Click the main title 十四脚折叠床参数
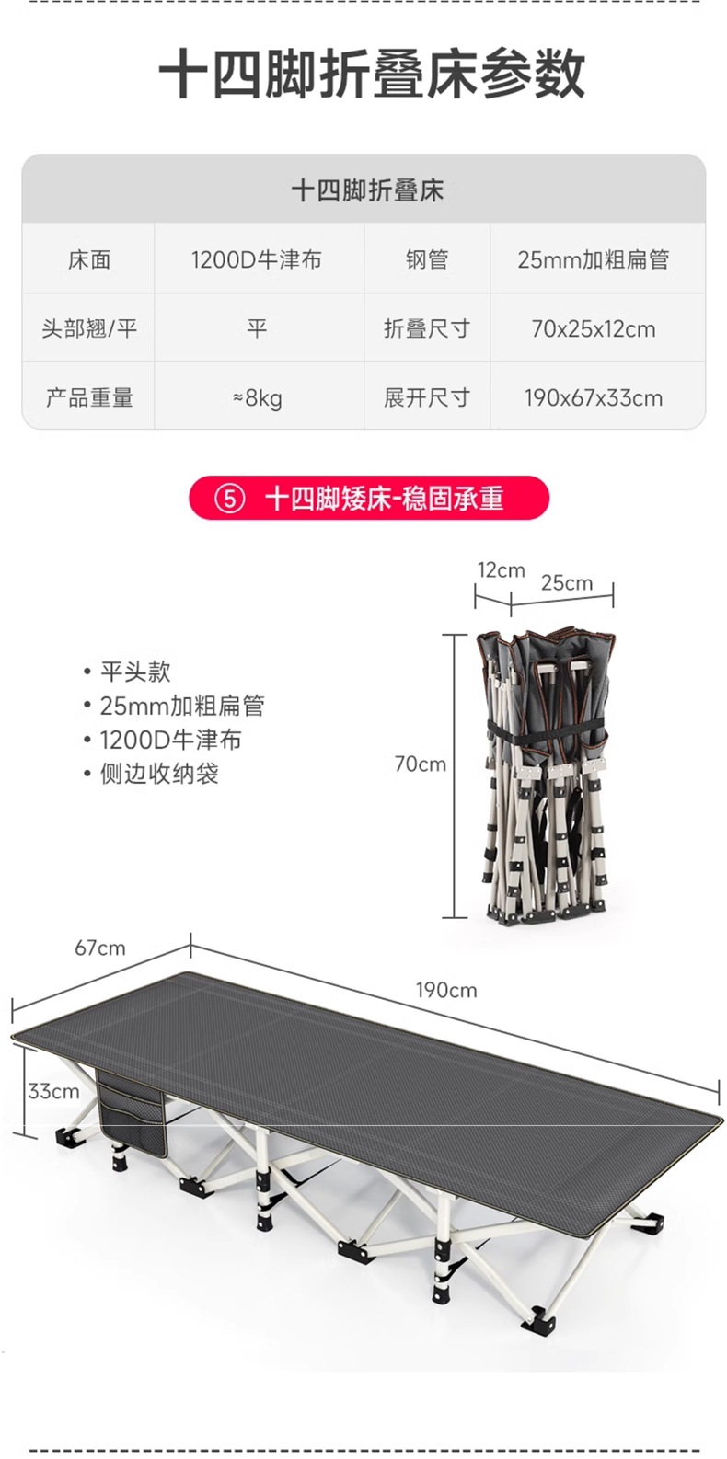(371, 75)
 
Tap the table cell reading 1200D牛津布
(257, 260)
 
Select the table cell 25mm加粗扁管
(593, 260)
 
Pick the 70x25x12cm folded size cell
(593, 328)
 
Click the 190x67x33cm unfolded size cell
(593, 397)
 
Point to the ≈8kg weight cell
(257, 397)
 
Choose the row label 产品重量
(89, 397)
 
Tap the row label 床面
(89, 260)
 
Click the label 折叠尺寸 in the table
(426, 328)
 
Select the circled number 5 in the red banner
(229, 499)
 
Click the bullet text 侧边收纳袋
(159, 774)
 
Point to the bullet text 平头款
(135, 672)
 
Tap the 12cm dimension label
(501, 570)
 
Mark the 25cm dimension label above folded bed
(566, 582)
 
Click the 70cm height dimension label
(420, 764)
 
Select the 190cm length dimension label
(446, 990)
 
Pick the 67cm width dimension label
(100, 948)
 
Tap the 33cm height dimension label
(53, 1091)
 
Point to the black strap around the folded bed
(547, 733)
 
